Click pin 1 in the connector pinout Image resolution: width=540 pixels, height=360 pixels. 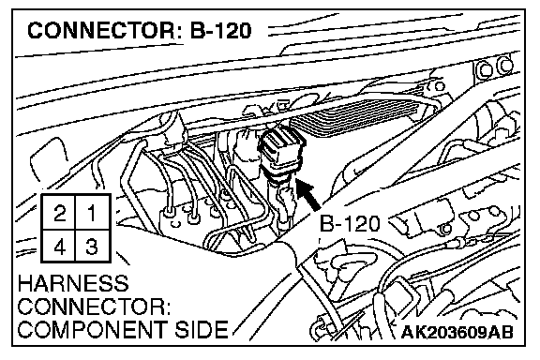point(93,212)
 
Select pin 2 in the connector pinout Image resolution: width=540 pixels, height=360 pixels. point(58,212)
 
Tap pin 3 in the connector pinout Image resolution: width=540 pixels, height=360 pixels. point(93,246)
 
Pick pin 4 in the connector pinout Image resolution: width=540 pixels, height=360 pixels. point(58,246)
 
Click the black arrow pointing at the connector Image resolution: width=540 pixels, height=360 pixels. point(307,194)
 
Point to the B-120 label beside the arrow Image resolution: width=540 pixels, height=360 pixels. point(350,224)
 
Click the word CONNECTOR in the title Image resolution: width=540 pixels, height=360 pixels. point(101,30)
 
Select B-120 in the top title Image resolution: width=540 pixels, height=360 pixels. point(220,30)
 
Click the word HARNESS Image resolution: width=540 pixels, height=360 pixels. point(73,283)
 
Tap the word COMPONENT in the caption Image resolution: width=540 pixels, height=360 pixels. point(93,329)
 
